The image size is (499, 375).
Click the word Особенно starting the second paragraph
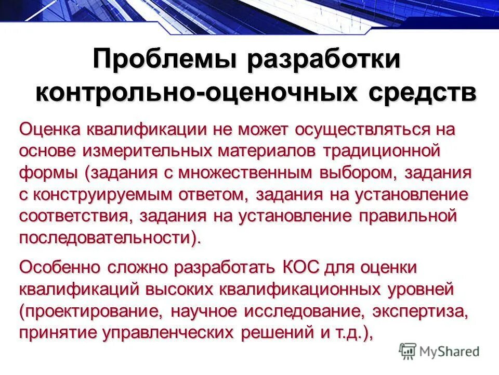(x=60, y=268)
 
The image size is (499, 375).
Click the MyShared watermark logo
(x=440, y=351)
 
